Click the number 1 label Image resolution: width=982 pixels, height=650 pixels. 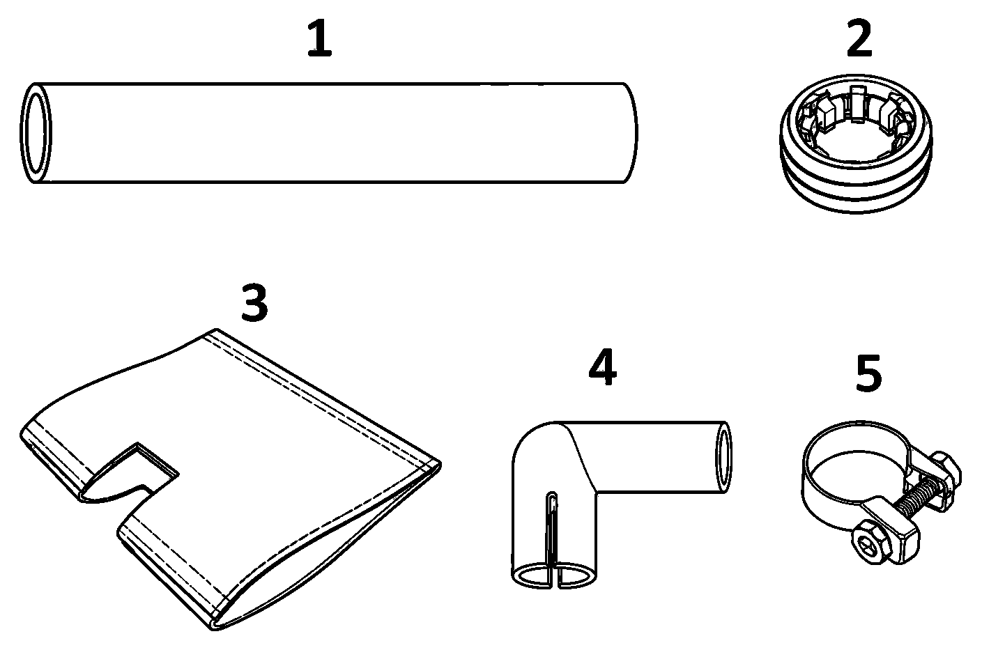[320, 38]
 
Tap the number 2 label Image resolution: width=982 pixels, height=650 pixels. [859, 38]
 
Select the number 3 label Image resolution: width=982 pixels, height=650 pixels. [254, 302]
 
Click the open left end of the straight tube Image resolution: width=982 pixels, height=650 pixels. [36, 132]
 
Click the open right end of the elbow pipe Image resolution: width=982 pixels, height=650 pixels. [723, 457]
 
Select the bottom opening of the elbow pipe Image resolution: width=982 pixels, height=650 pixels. [554, 575]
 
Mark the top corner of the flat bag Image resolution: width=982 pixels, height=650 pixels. [215, 329]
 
